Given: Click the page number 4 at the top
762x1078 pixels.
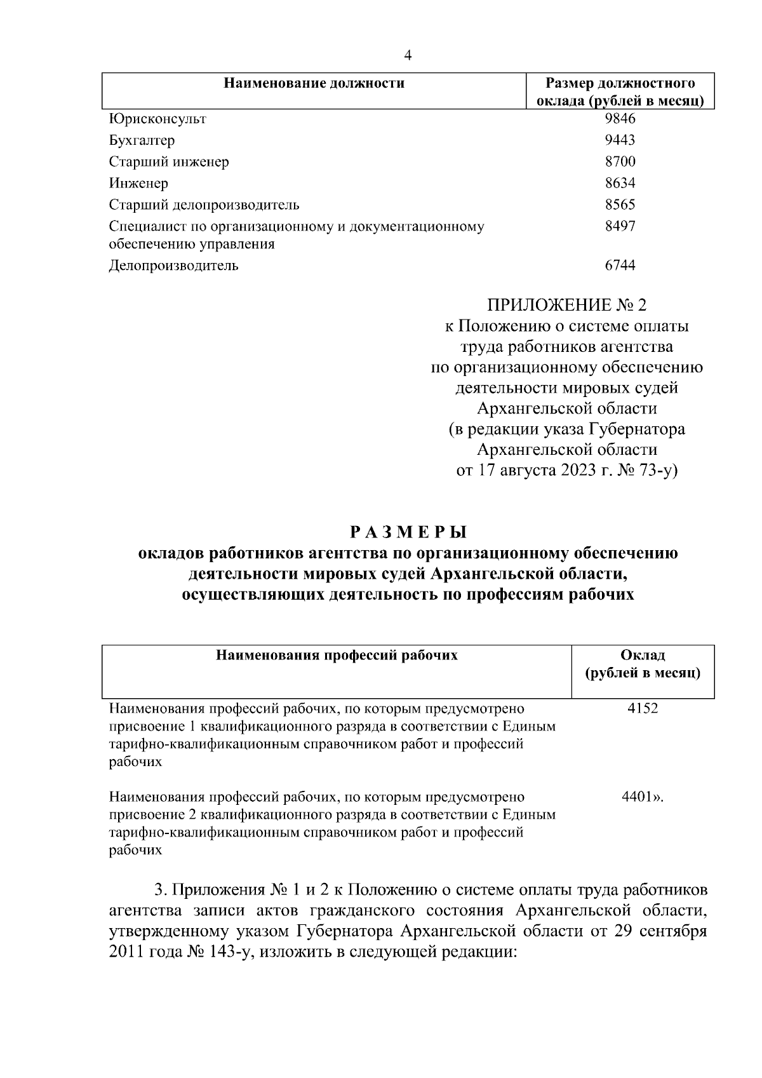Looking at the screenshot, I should pyautogui.click(x=408, y=56).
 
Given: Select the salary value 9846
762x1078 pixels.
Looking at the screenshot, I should pyautogui.click(x=620, y=119).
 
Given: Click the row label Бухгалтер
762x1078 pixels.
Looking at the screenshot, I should pyautogui.click(x=142, y=140).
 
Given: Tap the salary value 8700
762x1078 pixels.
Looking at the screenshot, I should pyautogui.click(x=620, y=162).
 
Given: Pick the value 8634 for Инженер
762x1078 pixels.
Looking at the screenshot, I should pyautogui.click(x=620, y=184).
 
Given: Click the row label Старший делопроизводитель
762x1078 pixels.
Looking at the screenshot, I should pyautogui.click(x=204, y=205).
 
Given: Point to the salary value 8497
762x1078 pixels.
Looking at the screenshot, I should pyautogui.click(x=620, y=227).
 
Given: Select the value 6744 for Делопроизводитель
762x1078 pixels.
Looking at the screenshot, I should pyautogui.click(x=620, y=266).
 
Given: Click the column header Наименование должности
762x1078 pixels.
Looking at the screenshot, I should pyautogui.click(x=315, y=83).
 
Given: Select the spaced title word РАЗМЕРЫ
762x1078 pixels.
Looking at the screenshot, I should pyautogui.click(x=408, y=531).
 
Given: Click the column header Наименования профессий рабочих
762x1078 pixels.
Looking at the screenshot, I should pyautogui.click(x=337, y=655).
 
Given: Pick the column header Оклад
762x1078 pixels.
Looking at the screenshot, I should pyautogui.click(x=643, y=655).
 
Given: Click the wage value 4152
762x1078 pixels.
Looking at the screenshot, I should pyautogui.click(x=643, y=708).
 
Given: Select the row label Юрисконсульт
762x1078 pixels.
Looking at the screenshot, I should pyautogui.click(x=157, y=119).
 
